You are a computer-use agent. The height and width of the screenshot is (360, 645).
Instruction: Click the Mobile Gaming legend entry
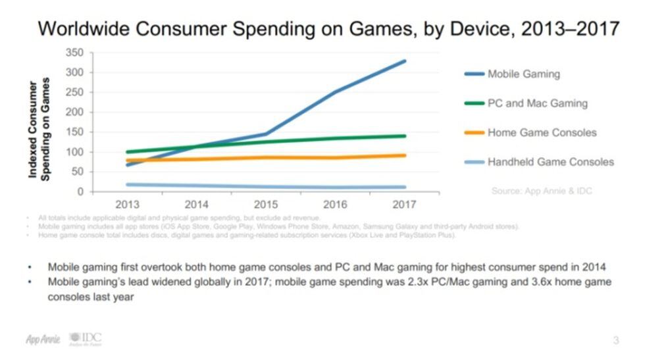point(523,74)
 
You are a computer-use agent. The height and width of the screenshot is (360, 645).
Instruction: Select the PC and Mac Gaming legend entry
point(537,103)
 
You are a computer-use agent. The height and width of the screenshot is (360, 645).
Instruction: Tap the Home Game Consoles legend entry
point(542,132)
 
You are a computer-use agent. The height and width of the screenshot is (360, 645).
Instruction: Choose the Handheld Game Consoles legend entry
point(550,162)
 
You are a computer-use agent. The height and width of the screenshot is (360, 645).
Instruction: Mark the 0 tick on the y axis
point(80,192)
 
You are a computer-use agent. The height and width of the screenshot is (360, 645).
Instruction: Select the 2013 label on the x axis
point(127,204)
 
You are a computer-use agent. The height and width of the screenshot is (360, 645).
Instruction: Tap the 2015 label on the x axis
point(266,204)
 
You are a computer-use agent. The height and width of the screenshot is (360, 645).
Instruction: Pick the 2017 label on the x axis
point(404,204)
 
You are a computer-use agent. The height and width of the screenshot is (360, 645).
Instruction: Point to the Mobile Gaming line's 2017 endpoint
point(404,61)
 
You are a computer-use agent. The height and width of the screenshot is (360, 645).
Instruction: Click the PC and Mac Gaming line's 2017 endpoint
point(404,136)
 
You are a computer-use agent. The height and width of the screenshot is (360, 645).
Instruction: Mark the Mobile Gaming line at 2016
point(335,92)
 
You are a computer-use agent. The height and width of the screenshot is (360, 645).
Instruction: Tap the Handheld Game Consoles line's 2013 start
point(127,184)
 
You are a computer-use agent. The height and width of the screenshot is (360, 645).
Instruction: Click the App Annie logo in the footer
point(43,339)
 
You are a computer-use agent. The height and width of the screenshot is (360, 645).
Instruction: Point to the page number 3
point(615,340)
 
